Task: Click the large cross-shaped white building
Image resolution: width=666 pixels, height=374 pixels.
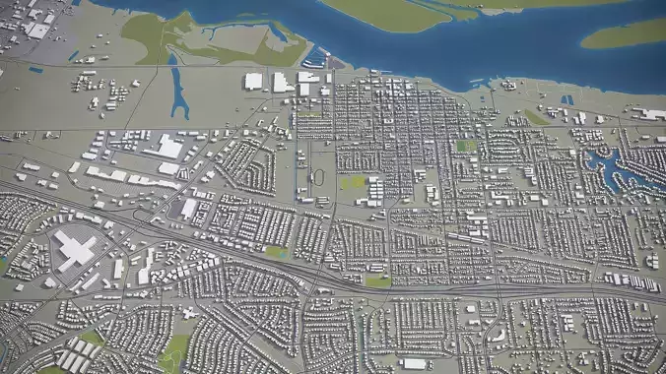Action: click(x=75, y=248)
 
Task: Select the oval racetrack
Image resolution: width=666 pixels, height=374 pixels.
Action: click(x=317, y=178)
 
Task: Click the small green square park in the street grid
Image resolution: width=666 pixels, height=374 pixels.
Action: click(x=466, y=146)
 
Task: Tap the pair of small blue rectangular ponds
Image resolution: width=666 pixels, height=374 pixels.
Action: click(x=566, y=99)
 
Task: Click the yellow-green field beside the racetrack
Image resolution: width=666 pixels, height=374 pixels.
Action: click(x=353, y=182)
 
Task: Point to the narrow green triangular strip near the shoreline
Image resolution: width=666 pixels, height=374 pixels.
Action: click(x=536, y=117)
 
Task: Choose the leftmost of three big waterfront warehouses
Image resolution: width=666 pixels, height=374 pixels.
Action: click(x=253, y=81)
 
